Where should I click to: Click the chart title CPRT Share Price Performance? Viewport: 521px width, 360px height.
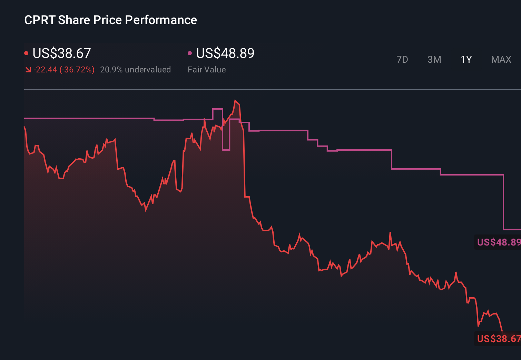[x=110, y=20]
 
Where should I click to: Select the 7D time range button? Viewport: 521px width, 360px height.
[x=402, y=60]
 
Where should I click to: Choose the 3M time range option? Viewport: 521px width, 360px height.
[x=434, y=60]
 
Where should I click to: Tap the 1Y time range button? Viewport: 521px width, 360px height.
[x=466, y=60]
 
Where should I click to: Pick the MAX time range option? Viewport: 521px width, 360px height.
[x=501, y=60]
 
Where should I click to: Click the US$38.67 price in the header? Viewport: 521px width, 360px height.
[x=61, y=53]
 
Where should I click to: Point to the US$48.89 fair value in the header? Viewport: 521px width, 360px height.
[x=225, y=53]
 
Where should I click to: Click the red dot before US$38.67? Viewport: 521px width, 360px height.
[x=26, y=53]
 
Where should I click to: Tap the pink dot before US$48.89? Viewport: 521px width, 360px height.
[x=190, y=53]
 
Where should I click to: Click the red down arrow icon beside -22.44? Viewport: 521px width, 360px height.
[x=28, y=70]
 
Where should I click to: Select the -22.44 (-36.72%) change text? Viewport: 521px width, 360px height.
[x=64, y=70]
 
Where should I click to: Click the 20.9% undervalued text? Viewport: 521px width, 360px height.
[x=135, y=70]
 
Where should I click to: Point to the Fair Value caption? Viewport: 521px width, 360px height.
[x=207, y=70]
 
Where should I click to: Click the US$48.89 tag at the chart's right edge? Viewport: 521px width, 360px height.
[x=498, y=242]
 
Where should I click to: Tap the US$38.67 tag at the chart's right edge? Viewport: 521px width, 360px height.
[x=498, y=339]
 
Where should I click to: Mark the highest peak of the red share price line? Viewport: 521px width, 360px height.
[x=235, y=100]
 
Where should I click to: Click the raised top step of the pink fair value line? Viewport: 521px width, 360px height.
[x=217, y=109]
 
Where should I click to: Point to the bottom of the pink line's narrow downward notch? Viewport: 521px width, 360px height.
[x=226, y=150]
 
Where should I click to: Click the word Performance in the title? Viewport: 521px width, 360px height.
[x=161, y=20]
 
